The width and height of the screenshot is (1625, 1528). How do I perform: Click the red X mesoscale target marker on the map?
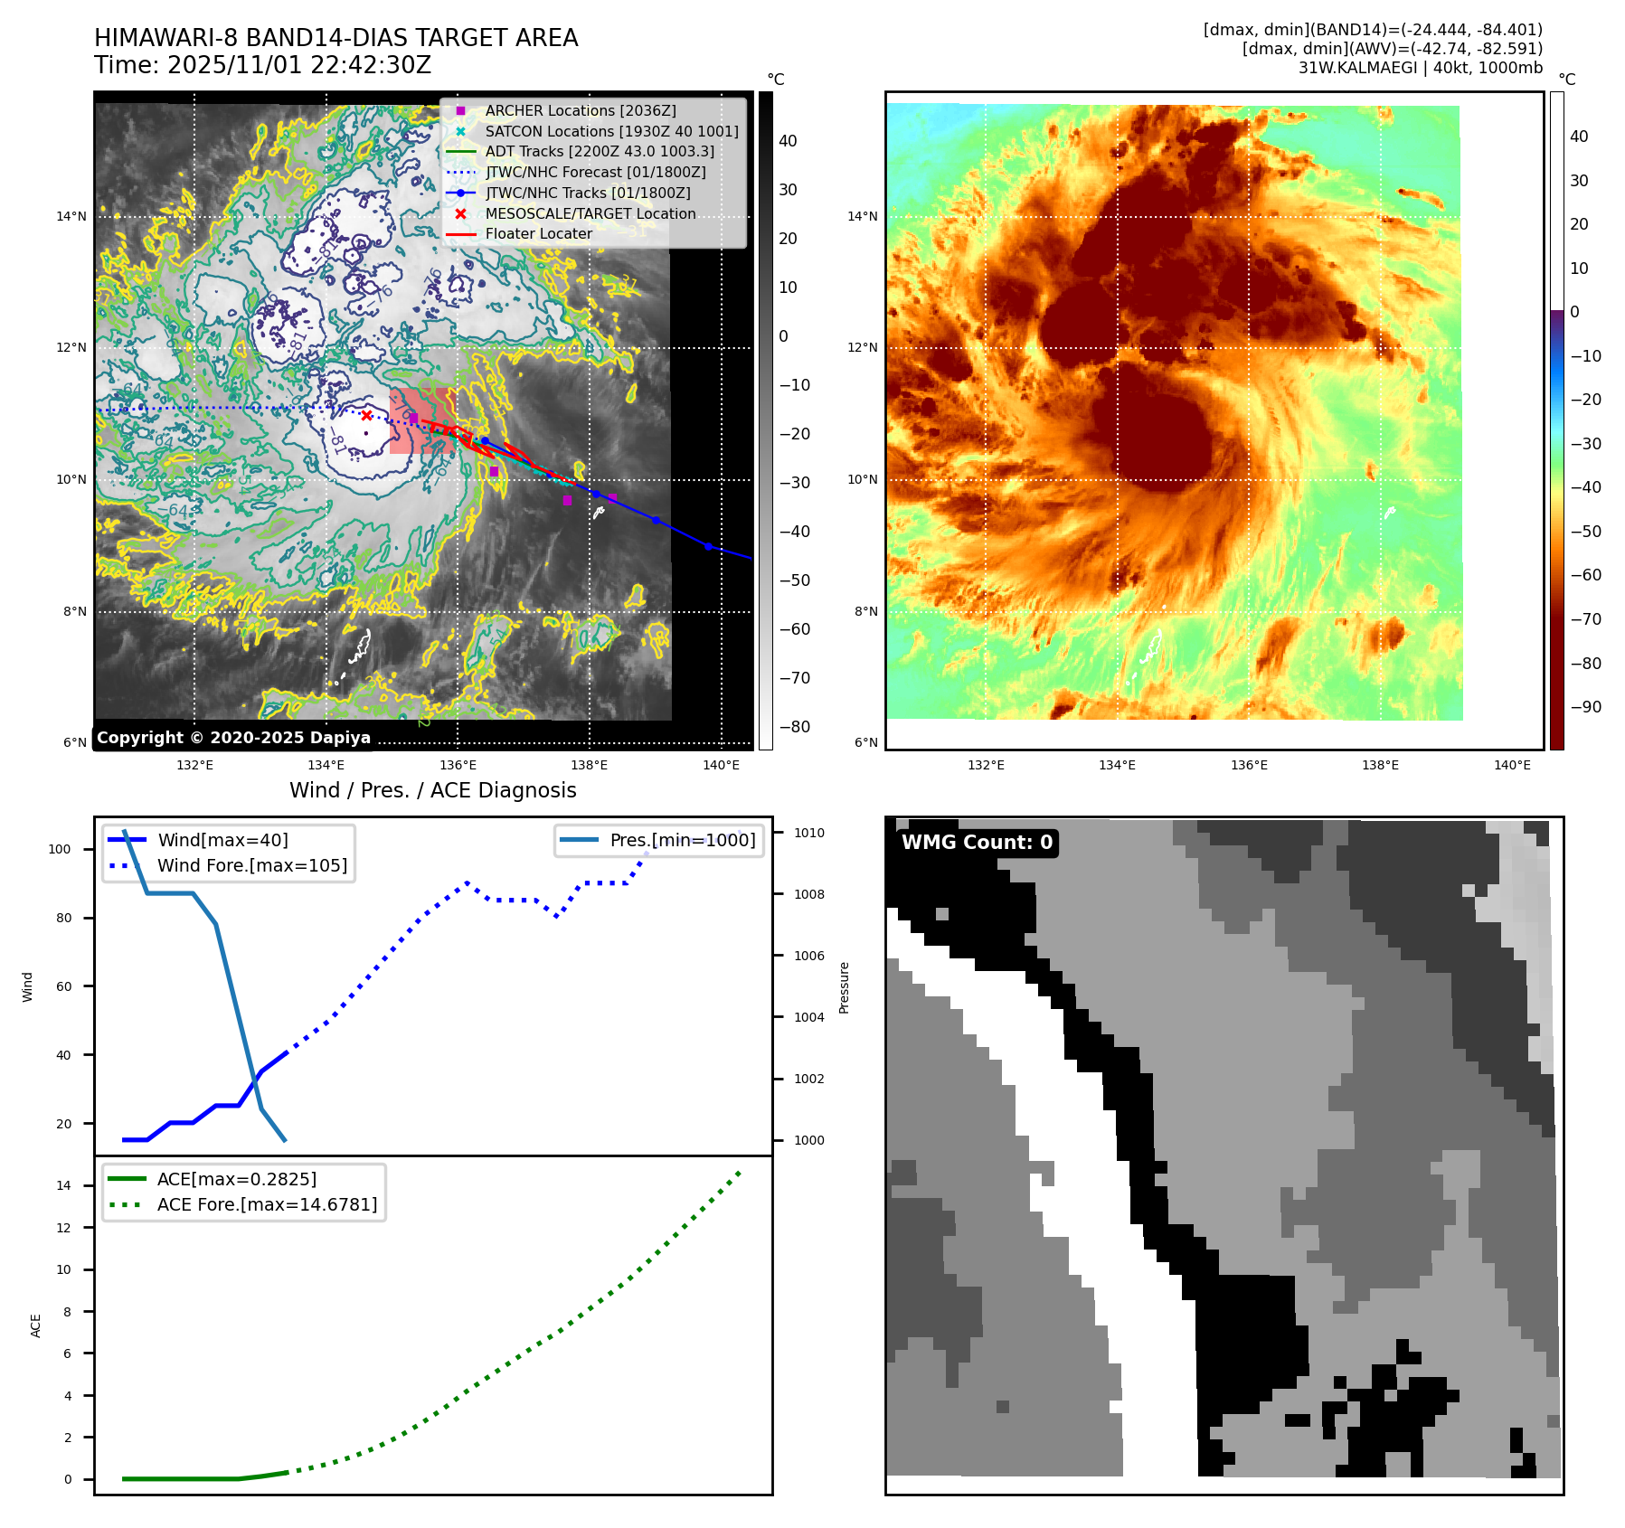coord(366,416)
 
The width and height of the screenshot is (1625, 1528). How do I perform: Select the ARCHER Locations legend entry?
coord(580,111)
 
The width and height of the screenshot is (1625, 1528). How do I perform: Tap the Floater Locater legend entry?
coord(538,234)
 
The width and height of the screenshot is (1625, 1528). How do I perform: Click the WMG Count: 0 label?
coord(977,843)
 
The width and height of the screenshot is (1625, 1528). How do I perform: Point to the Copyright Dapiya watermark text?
coord(233,738)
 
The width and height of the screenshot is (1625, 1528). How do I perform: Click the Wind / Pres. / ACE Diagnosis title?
coord(432,790)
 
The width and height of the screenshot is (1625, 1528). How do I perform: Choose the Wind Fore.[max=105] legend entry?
coord(251,865)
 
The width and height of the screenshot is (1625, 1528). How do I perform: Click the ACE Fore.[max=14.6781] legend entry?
coord(267,1204)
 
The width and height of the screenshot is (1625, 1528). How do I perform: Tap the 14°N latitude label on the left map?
coord(71,217)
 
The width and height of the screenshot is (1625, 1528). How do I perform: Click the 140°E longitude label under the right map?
coord(1512,766)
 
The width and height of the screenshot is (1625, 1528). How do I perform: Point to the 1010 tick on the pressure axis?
coord(809,833)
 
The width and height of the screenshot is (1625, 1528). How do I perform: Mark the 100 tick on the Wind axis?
coord(60,849)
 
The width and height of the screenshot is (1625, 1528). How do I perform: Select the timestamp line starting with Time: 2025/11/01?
coord(262,66)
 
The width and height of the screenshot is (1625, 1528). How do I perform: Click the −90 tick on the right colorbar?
coord(1585,707)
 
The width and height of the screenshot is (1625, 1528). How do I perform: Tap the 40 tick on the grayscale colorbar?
coord(788,141)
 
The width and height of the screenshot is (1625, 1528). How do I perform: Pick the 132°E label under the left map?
coord(194,766)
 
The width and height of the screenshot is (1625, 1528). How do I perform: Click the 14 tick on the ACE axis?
coord(63,1185)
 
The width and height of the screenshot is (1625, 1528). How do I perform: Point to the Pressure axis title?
coord(844,987)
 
